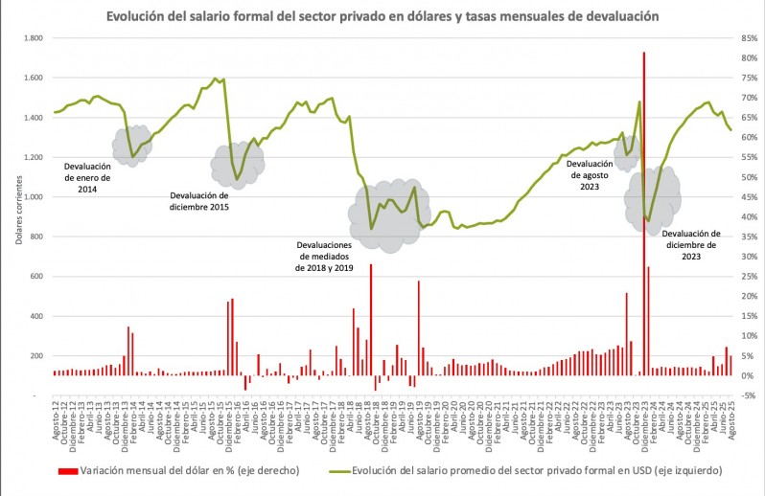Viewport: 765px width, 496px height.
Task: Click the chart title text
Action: click(x=382, y=16)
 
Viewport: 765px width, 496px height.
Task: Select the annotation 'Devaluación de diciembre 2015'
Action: click(x=199, y=200)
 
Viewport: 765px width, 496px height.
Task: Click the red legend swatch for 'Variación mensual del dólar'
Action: click(x=67, y=471)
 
